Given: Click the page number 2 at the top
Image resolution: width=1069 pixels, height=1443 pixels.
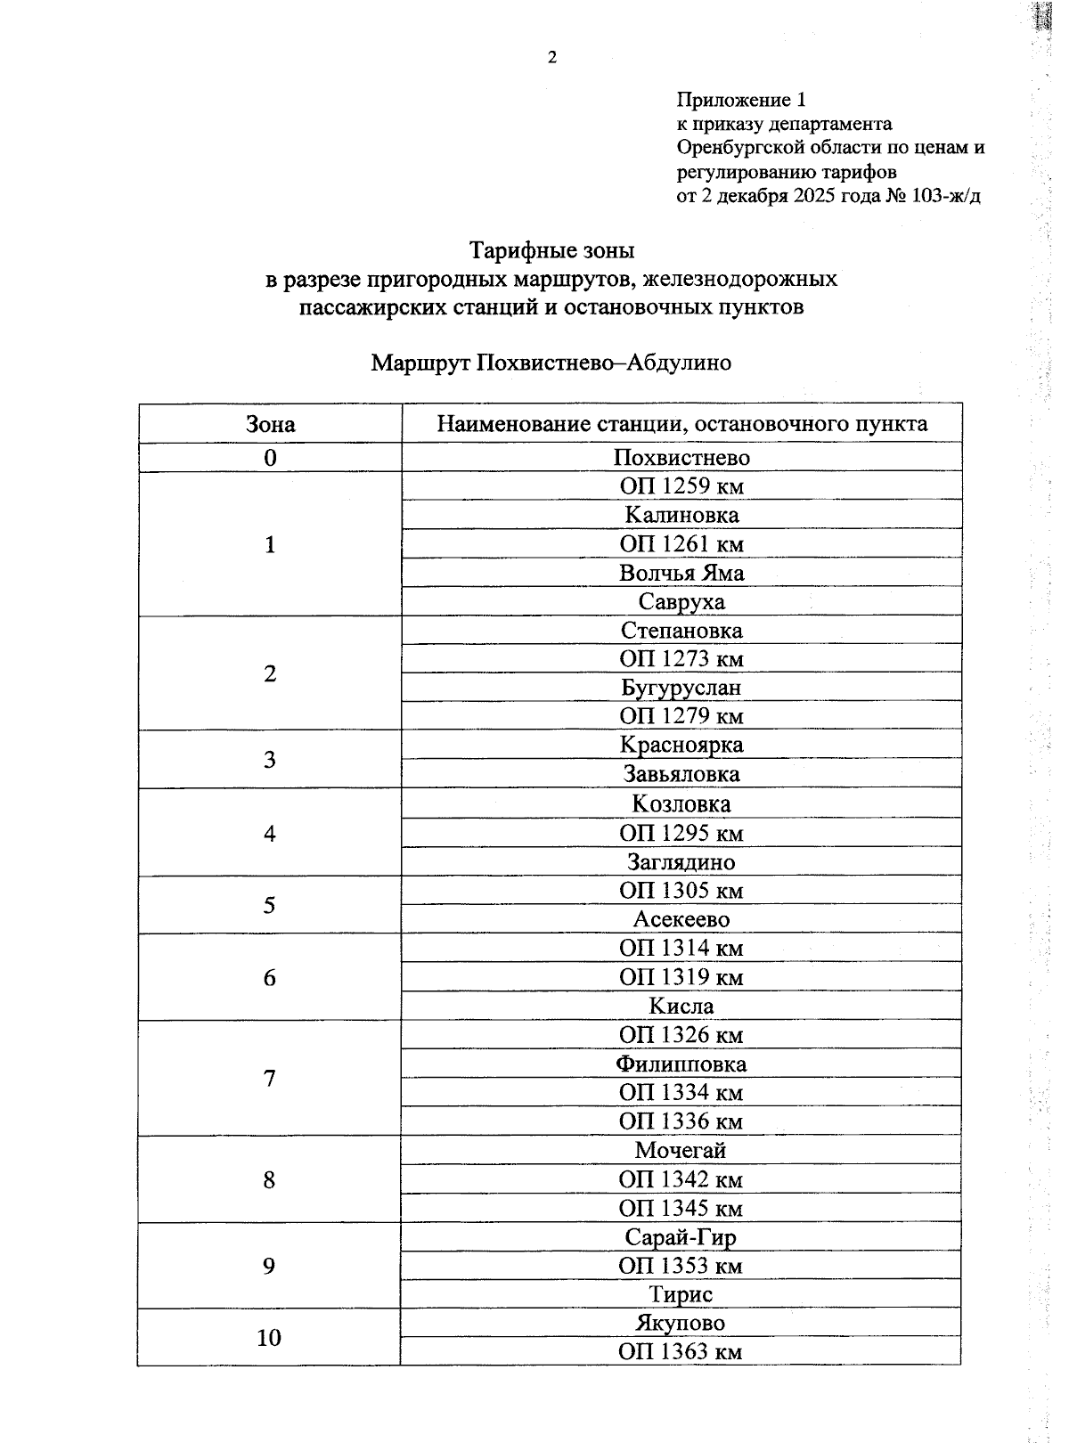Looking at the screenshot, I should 551,59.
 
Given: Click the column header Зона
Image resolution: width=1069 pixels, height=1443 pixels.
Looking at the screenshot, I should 270,424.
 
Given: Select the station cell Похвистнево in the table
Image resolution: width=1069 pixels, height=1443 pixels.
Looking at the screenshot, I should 681,458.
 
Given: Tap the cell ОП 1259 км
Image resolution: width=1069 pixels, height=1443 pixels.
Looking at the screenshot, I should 681,486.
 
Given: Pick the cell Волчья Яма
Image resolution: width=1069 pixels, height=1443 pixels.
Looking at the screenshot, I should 681,573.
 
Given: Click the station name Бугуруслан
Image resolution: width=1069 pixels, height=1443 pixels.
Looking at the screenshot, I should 681,688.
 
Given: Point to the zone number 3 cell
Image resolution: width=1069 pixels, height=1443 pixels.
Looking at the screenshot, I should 270,760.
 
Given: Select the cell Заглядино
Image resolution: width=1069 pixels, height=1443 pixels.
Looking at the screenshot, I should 681,862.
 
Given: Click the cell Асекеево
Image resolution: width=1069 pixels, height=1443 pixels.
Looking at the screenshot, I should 681,919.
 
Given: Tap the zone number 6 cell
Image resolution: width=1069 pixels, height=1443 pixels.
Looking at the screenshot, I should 270,978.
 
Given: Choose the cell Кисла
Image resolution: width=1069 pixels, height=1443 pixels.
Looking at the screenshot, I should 681,1007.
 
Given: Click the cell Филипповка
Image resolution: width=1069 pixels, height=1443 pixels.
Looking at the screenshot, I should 681,1064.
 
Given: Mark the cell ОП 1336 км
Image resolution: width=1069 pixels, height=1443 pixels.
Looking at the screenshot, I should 681,1121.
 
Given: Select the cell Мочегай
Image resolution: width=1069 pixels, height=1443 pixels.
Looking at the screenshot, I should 681,1150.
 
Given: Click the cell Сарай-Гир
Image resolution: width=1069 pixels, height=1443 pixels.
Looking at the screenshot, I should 681,1237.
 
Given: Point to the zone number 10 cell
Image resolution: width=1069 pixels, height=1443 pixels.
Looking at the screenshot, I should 269,1337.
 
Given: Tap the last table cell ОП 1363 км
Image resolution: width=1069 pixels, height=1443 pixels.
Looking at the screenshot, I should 681,1352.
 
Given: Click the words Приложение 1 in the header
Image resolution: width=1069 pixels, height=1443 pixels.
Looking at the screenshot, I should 741,100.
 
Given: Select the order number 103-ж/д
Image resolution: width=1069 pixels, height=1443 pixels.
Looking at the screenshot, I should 946,196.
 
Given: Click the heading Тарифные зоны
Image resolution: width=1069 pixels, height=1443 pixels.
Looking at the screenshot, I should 551,250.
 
